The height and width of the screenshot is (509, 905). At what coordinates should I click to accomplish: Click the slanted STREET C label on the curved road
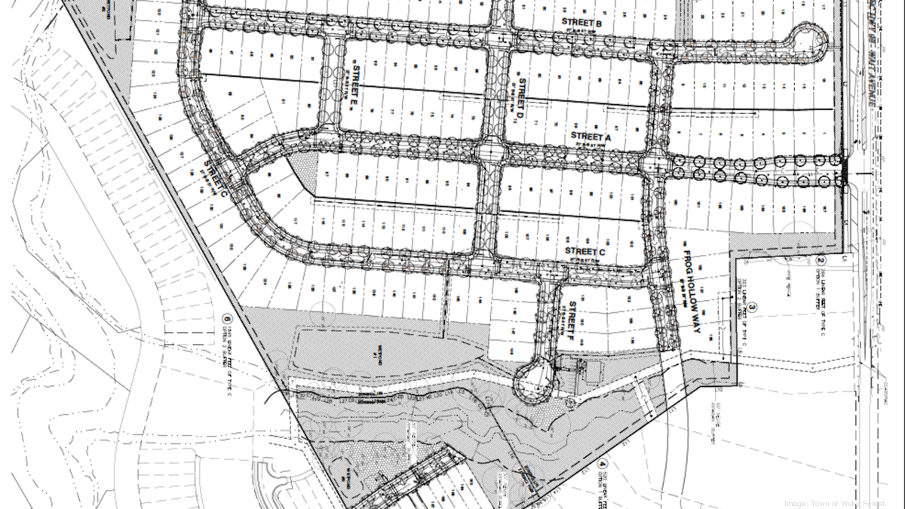(216, 179)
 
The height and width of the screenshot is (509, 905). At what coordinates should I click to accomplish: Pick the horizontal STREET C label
(584, 251)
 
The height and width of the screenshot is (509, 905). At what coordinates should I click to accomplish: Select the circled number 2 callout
(820, 262)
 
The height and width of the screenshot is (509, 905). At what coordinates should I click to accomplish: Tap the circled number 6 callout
(225, 318)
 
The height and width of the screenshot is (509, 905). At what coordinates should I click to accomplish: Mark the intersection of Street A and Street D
(489, 150)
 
